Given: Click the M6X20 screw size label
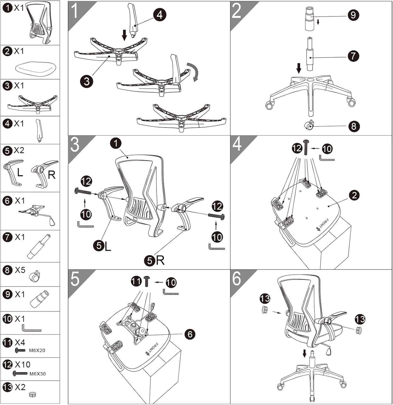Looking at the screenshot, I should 37,350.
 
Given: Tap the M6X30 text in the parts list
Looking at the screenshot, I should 38,374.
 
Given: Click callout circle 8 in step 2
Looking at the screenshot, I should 354,126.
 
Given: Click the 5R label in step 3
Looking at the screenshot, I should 155,260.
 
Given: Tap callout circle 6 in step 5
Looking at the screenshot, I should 190,334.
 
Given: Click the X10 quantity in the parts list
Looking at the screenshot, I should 22,364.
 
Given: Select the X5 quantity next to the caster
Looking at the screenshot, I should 20,270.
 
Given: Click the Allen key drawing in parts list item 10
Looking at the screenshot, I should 31,328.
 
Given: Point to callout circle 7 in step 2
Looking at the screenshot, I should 353,56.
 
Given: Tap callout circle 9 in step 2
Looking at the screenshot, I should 353,15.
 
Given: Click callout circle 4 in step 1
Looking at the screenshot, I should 160,15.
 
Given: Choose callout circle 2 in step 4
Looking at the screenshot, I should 354,195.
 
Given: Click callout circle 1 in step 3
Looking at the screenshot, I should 116,143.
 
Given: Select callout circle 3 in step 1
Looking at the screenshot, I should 86,81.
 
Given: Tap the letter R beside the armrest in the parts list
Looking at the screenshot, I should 51,175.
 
